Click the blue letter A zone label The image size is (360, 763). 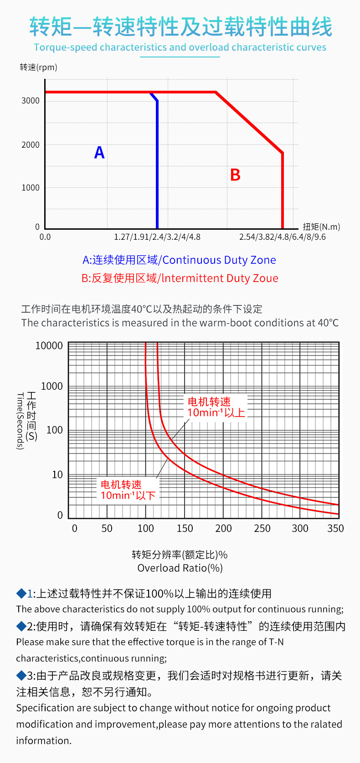pyautogui.click(x=99, y=152)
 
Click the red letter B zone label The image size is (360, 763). pyautogui.click(x=235, y=175)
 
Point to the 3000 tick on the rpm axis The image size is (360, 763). pyautogui.click(x=31, y=101)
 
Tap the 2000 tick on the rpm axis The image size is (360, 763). pyautogui.click(x=31, y=145)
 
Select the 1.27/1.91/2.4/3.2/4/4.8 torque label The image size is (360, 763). pyautogui.click(x=157, y=237)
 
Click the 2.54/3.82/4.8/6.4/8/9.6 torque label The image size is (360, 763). pyautogui.click(x=283, y=237)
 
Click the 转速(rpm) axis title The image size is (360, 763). pyautogui.click(x=39, y=67)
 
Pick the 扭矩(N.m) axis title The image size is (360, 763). pyautogui.click(x=321, y=227)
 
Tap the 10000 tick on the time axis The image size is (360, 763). pyautogui.click(x=49, y=345)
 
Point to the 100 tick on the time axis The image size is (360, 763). pyautogui.click(x=55, y=430)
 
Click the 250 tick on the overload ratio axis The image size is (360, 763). pyautogui.click(x=262, y=528)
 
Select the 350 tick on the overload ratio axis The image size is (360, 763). pyautogui.click(x=335, y=528)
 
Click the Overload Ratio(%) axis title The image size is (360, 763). pyautogui.click(x=180, y=568)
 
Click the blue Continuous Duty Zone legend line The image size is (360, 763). pyautogui.click(x=179, y=260)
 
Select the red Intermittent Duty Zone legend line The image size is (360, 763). pyautogui.click(x=180, y=278)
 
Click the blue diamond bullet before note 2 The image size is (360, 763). pyautogui.click(x=21, y=626)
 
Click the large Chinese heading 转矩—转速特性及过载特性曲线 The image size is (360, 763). pyautogui.click(x=181, y=27)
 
